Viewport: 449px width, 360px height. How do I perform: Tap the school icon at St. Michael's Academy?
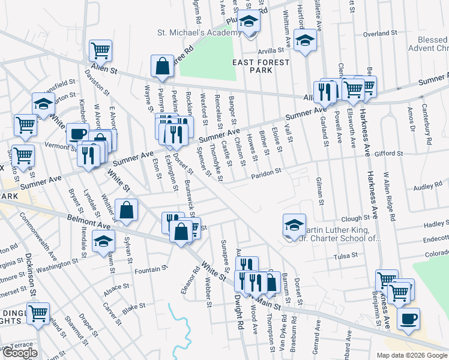(248, 23)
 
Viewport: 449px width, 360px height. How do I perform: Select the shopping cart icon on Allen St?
(101, 50)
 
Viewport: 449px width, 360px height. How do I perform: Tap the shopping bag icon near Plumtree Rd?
(163, 66)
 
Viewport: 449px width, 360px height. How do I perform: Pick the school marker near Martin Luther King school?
(294, 225)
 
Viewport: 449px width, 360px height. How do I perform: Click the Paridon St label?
(266, 173)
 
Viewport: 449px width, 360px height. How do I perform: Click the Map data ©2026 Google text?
(411, 355)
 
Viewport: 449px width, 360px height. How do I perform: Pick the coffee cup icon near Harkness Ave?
(409, 318)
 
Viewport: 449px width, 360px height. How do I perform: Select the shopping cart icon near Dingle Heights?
(38, 313)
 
